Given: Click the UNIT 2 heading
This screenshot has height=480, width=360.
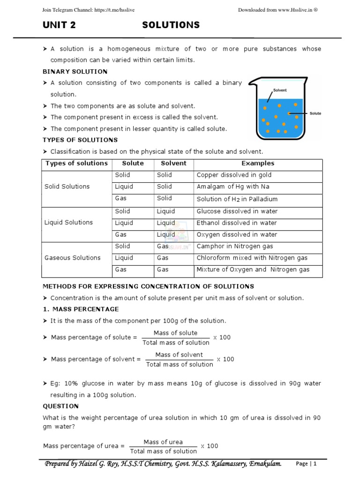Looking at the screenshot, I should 59,25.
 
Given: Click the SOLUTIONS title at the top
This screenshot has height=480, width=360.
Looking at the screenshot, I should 171,25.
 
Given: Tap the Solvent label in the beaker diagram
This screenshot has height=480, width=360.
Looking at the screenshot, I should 280,90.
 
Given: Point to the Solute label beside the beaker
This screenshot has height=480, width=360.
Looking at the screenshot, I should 315,113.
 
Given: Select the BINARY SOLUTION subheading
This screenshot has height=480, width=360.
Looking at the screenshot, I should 75,71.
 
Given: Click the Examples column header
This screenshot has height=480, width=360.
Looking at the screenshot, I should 258,164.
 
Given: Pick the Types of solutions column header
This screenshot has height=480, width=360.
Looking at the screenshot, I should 76,164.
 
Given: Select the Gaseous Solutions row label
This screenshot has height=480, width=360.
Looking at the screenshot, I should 72,258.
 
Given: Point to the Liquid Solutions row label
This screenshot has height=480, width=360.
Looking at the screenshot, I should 68,223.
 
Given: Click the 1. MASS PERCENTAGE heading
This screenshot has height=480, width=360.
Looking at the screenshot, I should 81,309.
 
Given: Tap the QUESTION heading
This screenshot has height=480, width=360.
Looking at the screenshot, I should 60,406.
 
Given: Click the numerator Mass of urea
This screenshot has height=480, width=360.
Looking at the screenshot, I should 163,442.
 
